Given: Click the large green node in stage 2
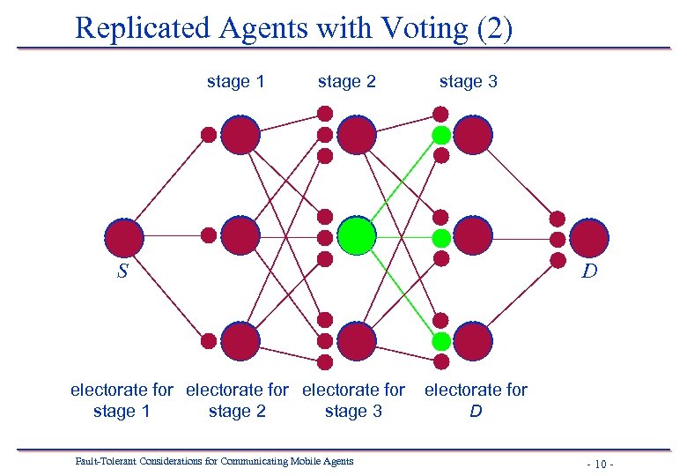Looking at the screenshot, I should [x=357, y=236].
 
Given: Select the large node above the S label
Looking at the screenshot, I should [x=123, y=237].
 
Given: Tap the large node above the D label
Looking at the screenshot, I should [x=588, y=237].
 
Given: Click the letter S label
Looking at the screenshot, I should [x=123, y=271].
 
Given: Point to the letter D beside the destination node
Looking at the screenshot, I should [x=589, y=271].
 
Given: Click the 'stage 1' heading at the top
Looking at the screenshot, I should [x=235, y=82].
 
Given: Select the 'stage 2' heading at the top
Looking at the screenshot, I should [x=347, y=82].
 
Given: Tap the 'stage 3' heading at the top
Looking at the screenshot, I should [x=469, y=82].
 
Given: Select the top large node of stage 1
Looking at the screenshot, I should [x=240, y=135].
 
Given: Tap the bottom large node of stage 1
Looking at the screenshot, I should [x=240, y=341].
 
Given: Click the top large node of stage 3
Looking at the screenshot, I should [x=473, y=135].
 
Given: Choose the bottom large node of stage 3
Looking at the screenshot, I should [x=473, y=341].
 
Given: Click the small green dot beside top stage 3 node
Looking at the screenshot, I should [x=441, y=135].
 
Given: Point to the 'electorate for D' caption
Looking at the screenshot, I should [x=476, y=400].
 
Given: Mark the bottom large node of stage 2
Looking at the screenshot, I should [x=357, y=341].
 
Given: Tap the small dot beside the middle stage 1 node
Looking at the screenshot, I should [x=209, y=235].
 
